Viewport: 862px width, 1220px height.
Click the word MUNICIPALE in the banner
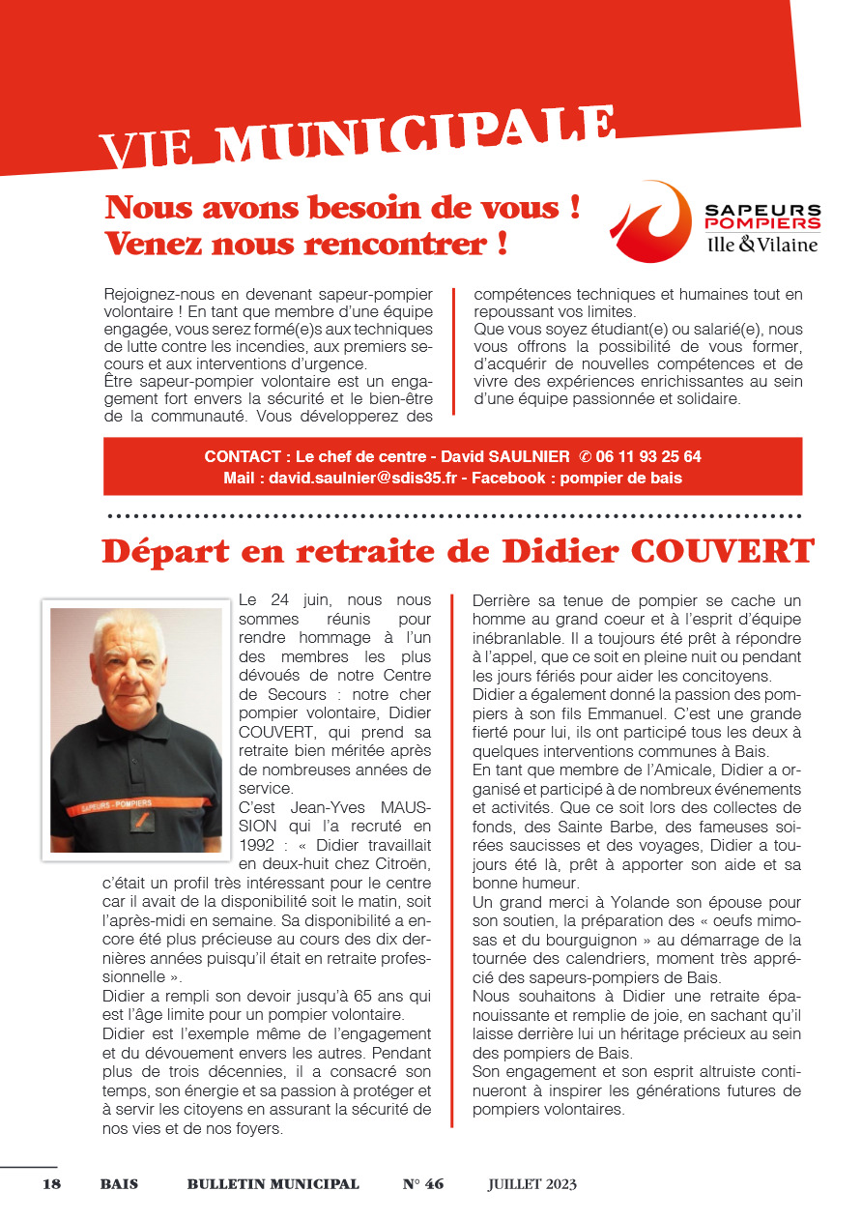[416, 135]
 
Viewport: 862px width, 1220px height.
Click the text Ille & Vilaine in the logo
[762, 245]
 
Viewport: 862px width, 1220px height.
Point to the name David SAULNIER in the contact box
[506, 456]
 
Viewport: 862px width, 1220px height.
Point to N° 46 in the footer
[423, 1184]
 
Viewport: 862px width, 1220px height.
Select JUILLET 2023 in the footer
[532, 1184]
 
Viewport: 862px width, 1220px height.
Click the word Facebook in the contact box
[507, 478]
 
